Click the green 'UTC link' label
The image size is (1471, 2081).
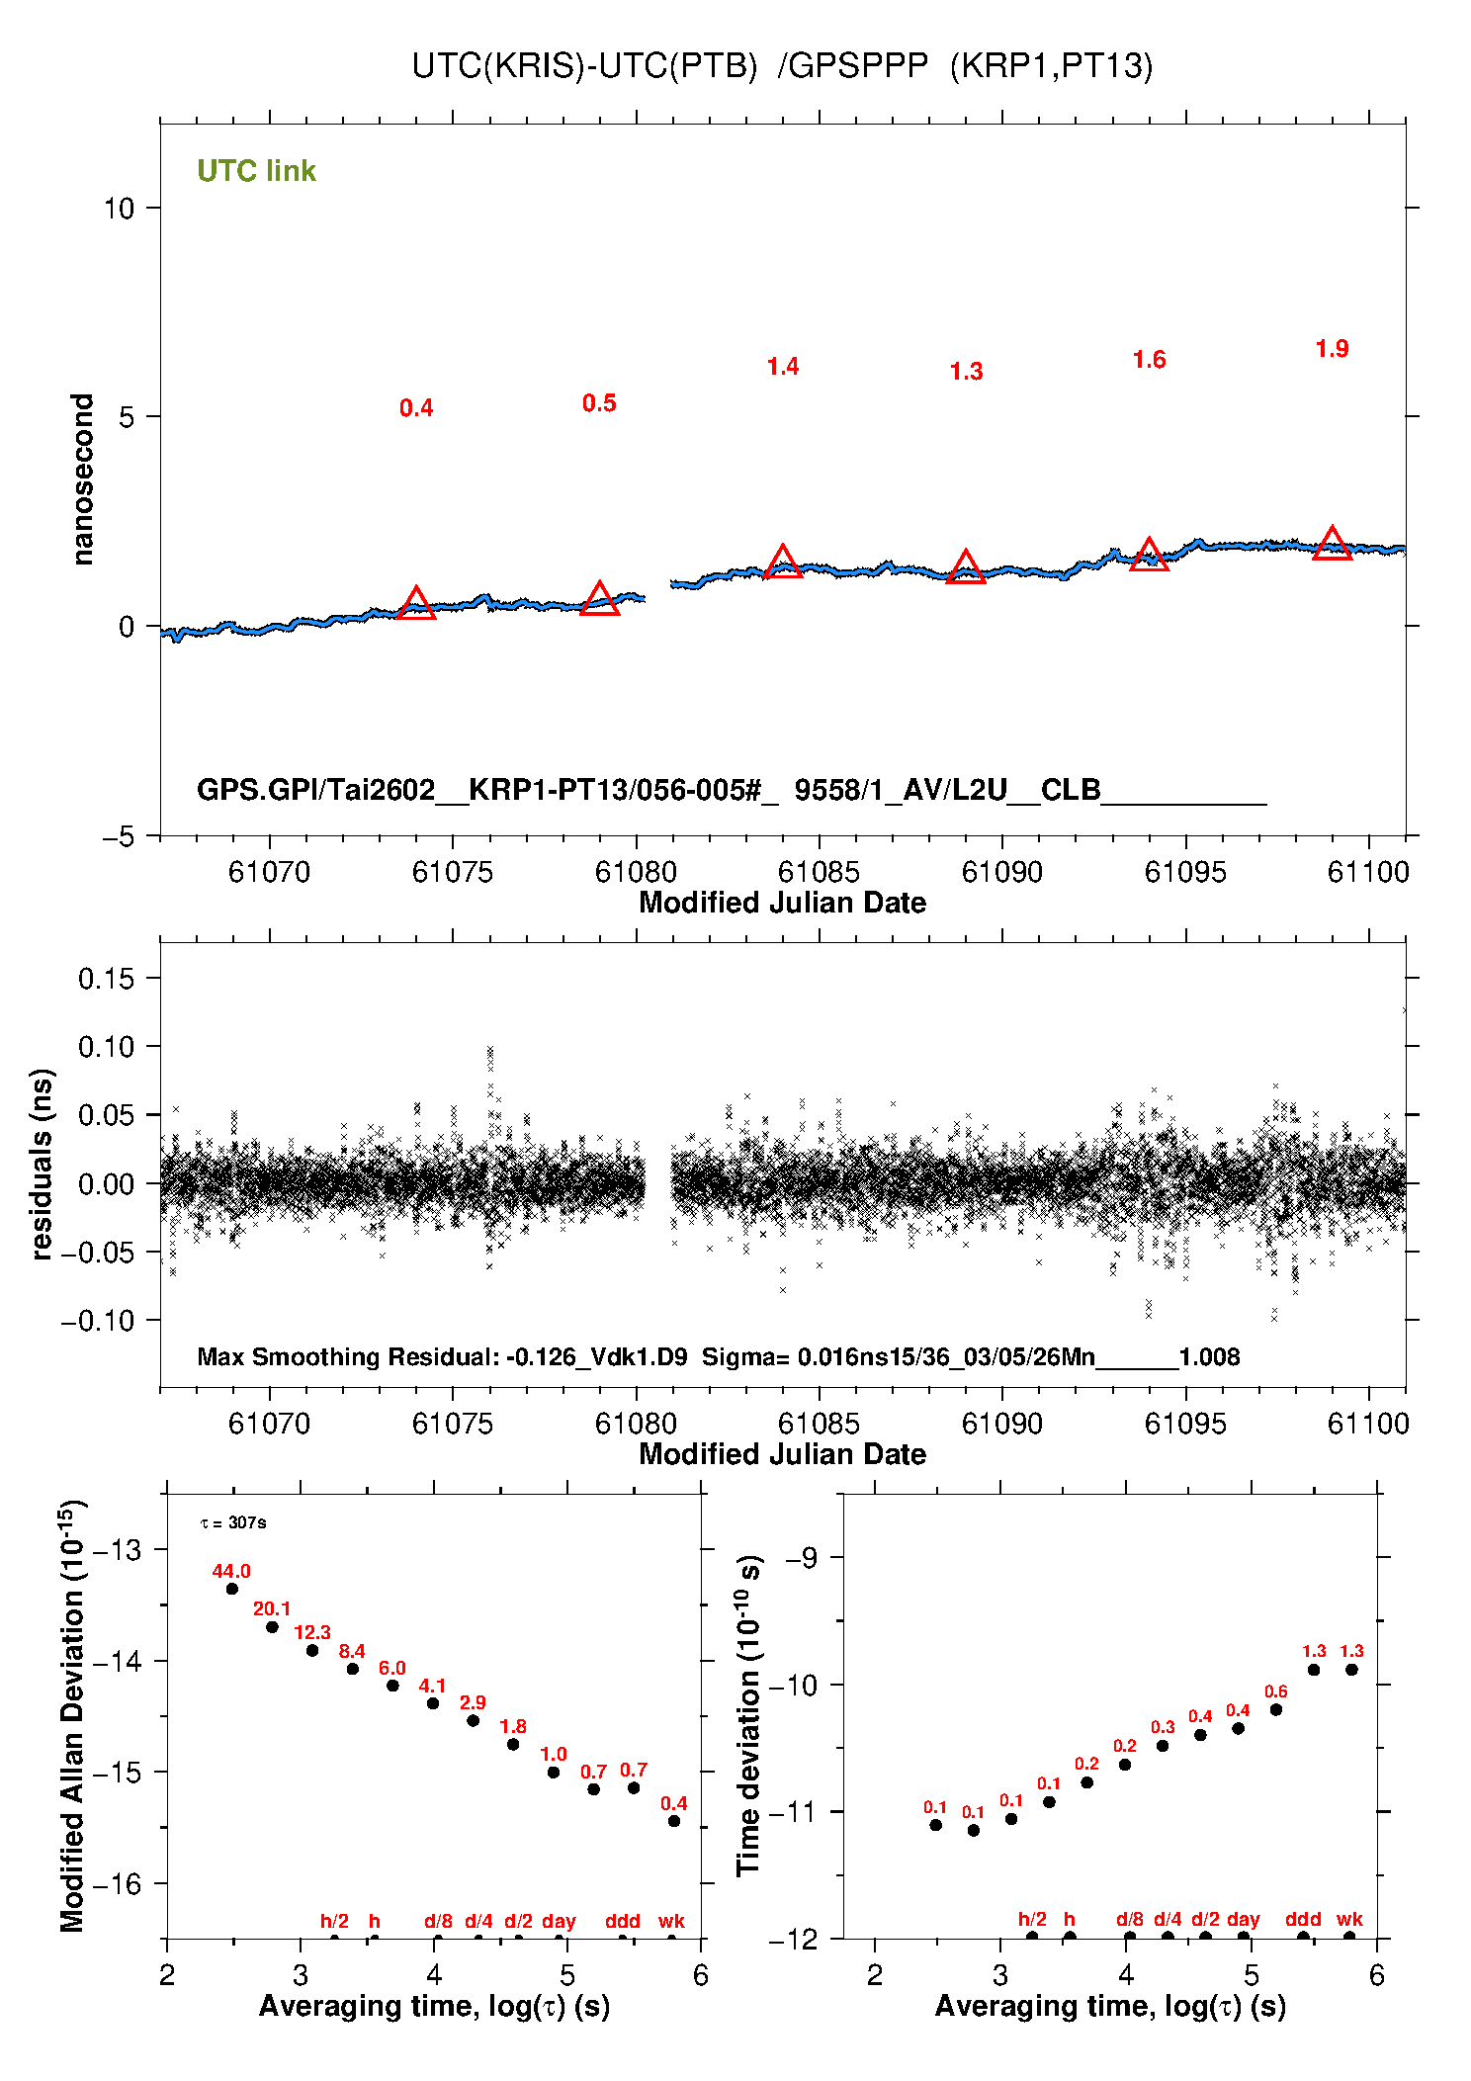pos(256,171)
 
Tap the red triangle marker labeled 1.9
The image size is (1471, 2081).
pos(1332,544)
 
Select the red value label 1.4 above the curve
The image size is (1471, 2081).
pos(782,367)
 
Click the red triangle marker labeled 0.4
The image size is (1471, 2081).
pos(416,603)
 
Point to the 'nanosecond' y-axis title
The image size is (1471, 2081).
pos(82,478)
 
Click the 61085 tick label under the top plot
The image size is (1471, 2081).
pos(819,872)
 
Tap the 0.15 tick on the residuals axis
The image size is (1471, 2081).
pos(106,979)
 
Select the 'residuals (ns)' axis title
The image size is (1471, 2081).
pos(41,1164)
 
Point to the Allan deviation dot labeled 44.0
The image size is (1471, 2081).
pos(232,1589)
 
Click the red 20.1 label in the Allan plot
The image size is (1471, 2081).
pos(272,1608)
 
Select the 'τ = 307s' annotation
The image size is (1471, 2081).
pos(233,1522)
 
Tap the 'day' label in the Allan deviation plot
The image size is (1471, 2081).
pos(559,1921)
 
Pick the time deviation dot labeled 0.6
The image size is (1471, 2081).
pos(1275,1709)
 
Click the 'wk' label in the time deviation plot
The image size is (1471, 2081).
pos(1349,1919)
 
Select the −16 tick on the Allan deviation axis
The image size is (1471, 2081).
pos(117,1884)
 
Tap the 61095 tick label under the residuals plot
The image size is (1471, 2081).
pos(1185,1424)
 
